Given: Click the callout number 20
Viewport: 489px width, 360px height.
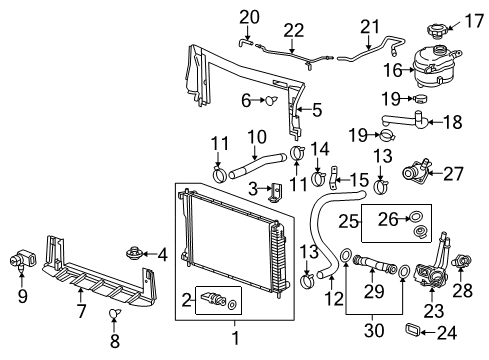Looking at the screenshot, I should coord(248,16).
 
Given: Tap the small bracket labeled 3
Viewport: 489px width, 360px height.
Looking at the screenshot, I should coord(275,189).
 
